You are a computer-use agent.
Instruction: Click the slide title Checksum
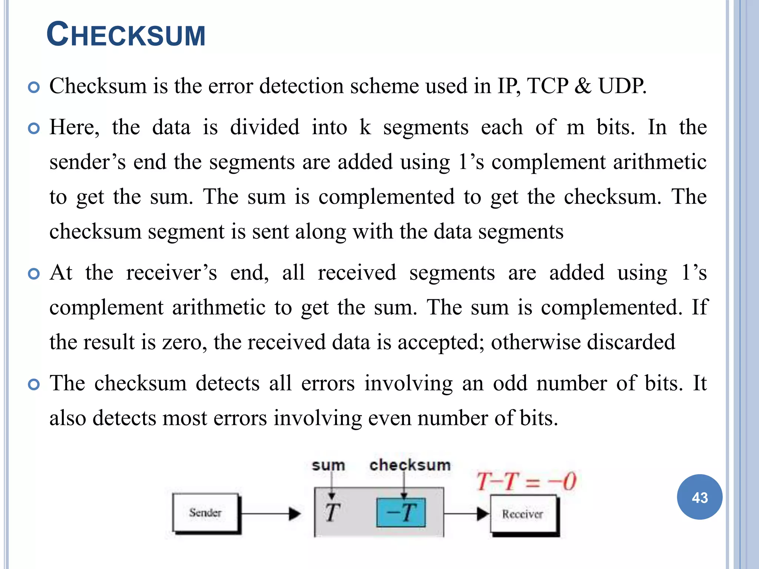126,35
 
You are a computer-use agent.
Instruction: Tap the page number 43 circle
699,497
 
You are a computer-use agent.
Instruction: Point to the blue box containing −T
401,513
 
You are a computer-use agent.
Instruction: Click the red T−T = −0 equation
526,482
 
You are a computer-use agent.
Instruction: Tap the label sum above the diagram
328,465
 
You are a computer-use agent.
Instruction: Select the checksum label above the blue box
410,465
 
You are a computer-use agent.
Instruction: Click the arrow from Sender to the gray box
271,513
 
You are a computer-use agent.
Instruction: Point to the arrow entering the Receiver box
467,514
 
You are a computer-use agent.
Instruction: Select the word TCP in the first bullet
547,86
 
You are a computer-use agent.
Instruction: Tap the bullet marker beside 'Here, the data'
34,129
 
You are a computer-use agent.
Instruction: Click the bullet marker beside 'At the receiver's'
34,274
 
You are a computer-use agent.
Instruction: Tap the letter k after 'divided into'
365,127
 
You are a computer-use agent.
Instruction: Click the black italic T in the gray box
332,513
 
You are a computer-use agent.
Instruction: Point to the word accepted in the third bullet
441,342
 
